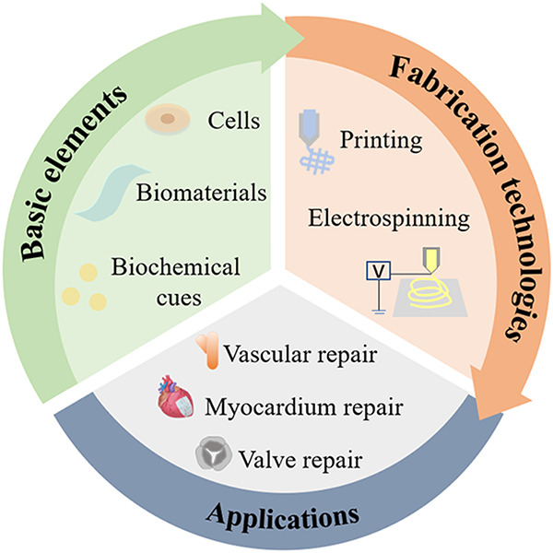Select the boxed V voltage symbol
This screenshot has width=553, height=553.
[x=375, y=271]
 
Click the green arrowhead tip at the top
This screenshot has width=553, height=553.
[x=300, y=35]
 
